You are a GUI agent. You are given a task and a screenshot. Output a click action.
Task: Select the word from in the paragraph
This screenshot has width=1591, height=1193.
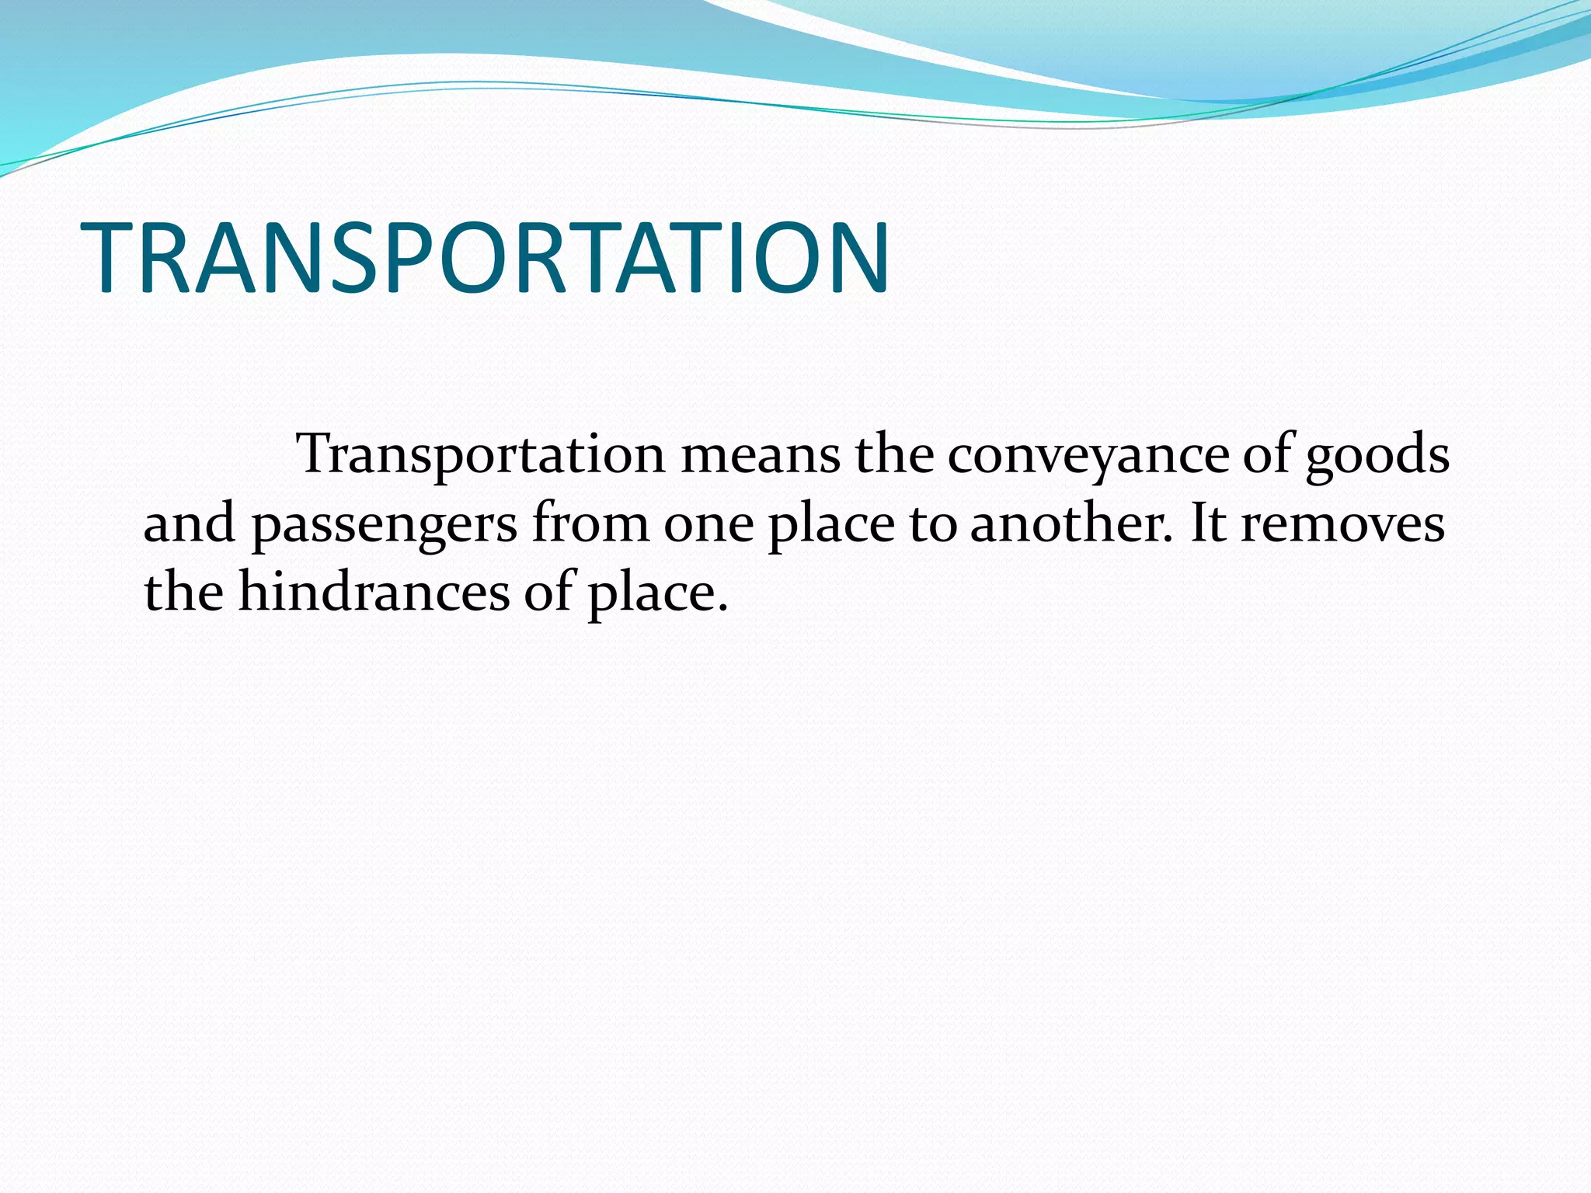point(590,523)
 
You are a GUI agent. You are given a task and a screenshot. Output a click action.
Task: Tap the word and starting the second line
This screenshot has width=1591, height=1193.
point(189,523)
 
